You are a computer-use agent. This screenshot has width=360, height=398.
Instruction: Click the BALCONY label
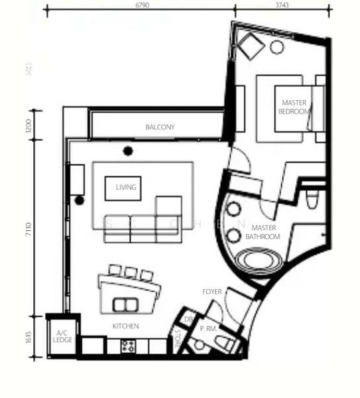160,127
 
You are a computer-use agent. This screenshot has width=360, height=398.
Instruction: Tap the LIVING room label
125,188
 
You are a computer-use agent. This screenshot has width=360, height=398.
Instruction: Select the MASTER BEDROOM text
294,107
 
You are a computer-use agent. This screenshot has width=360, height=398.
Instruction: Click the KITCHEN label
125,326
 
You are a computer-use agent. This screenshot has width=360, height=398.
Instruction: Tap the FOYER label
212,291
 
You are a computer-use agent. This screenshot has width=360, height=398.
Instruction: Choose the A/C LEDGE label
62,336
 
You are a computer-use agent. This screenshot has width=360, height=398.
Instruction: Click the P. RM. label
209,328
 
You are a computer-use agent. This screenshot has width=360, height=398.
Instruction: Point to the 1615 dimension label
29,336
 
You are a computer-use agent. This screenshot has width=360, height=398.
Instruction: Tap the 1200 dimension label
29,126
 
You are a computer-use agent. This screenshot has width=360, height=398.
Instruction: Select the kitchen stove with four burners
127,346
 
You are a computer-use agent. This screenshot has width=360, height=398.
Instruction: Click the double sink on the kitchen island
123,304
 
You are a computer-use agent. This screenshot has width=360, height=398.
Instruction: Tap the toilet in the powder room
225,344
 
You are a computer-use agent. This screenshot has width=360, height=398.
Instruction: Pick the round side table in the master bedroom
276,46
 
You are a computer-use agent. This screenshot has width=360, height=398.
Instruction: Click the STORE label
177,339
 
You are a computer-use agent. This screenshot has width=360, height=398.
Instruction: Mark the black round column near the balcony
127,151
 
